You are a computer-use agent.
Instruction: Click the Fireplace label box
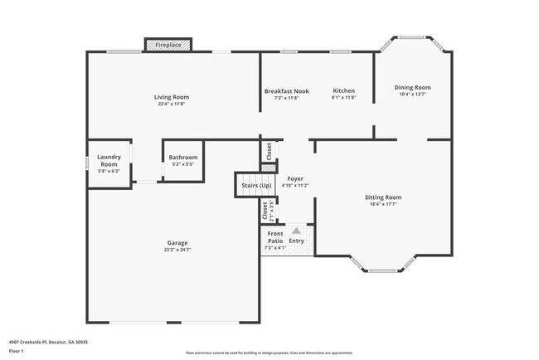pos(168,44)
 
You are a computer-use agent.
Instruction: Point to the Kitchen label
pos(344,90)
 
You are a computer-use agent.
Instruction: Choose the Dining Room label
pos(412,87)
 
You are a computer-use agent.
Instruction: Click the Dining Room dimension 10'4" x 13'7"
pos(412,95)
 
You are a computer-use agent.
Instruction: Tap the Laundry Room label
pos(109,161)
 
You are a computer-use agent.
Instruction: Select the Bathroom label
pos(183,158)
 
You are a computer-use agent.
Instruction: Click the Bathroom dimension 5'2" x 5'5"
pos(183,164)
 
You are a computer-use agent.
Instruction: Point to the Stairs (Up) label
pos(257,185)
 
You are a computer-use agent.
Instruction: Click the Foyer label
pos(295,178)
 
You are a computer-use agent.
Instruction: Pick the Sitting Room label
pos(383,197)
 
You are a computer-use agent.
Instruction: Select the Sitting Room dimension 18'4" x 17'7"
pos(383,204)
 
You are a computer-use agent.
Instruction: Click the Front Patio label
pos(274,237)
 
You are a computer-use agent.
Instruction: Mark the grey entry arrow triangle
pos(296,231)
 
